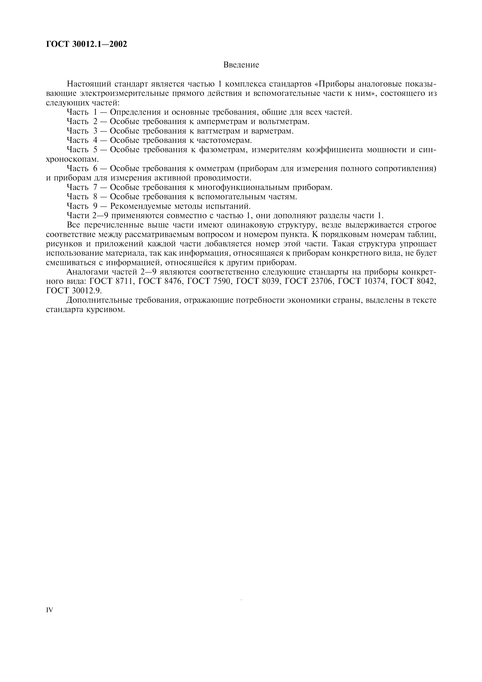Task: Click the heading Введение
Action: coord(241,65)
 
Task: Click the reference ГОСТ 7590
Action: coord(209,281)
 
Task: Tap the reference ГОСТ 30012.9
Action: coord(72,291)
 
